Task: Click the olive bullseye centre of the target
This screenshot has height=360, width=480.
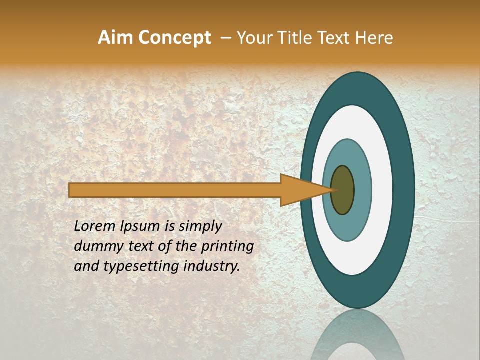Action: [x=342, y=190]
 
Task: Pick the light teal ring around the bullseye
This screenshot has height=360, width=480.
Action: [x=363, y=190]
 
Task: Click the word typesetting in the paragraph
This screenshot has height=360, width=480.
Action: [x=135, y=267]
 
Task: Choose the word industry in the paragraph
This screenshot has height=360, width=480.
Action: [x=212, y=266]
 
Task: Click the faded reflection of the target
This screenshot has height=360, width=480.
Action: [x=358, y=337]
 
